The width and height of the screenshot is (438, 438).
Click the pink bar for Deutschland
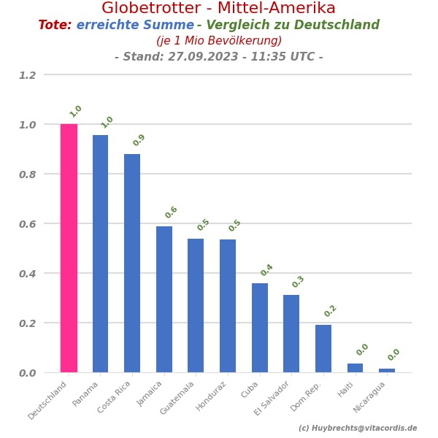69,248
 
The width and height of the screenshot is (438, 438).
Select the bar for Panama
100,253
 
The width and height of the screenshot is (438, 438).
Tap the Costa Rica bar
132,263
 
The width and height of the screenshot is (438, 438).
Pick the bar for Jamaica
164,299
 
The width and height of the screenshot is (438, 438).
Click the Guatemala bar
196,305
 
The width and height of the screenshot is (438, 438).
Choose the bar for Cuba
260,328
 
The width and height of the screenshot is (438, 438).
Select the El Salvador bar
291,334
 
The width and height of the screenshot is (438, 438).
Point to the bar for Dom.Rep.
323,348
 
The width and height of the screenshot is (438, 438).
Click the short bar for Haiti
355,368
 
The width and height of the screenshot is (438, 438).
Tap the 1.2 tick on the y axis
27,75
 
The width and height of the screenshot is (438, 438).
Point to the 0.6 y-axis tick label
27,224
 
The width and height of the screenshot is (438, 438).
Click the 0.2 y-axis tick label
27,323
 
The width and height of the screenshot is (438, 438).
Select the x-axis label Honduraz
212,396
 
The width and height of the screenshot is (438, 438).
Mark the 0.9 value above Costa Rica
139,140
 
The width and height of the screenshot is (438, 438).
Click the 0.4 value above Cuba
266,270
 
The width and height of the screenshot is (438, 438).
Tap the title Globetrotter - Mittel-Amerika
218,9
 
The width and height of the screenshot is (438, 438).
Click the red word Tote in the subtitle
54,26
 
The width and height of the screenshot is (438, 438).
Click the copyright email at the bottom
358,429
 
